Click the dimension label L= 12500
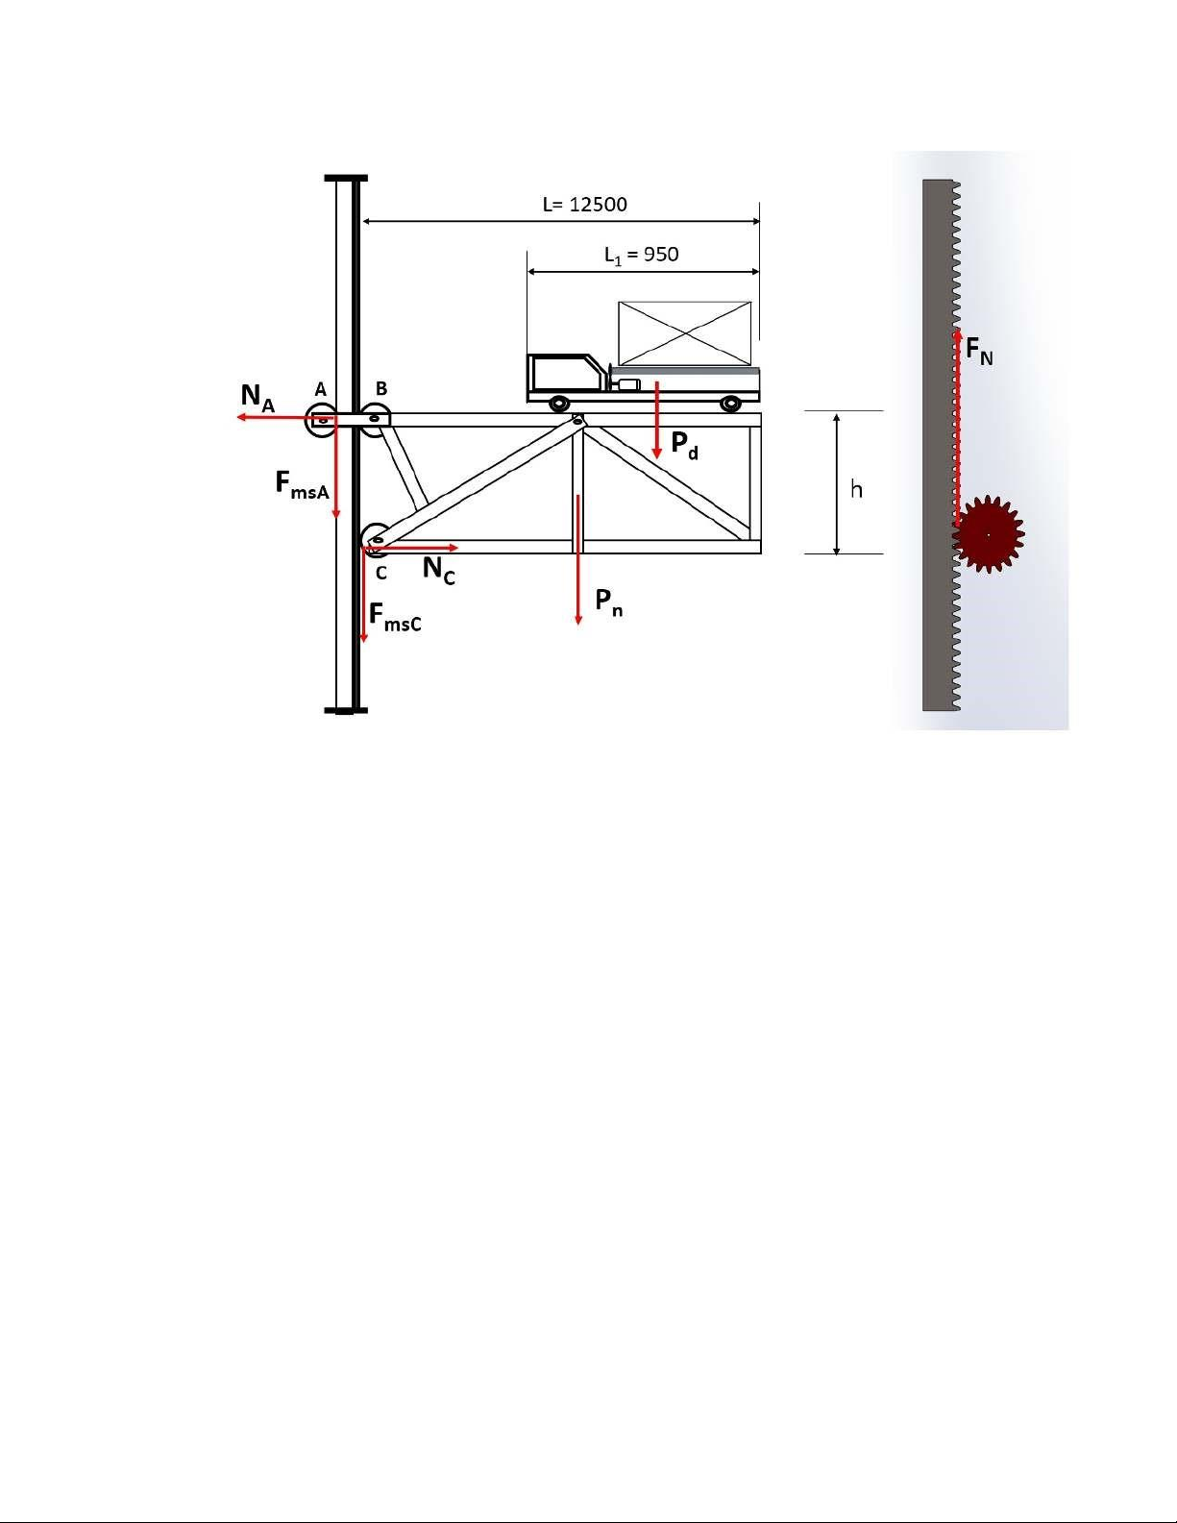point(585,204)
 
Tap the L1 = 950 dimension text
point(641,256)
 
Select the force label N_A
point(257,398)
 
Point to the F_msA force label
point(302,484)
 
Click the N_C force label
point(438,569)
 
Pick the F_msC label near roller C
point(395,618)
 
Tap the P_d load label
point(684,445)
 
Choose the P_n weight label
point(608,602)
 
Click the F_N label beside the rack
point(979,350)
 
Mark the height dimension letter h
point(856,488)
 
